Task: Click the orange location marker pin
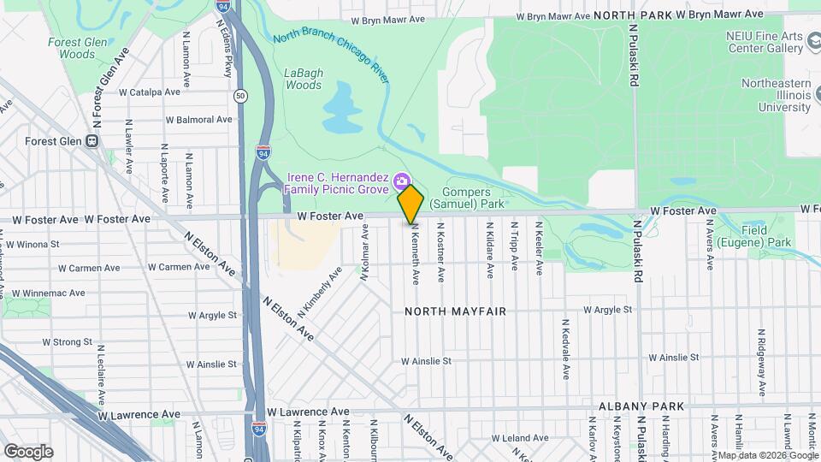[x=411, y=204]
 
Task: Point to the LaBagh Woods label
[x=303, y=79]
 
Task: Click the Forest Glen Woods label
[x=72, y=48]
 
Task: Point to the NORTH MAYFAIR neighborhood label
[x=456, y=312]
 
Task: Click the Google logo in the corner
[x=28, y=451]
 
